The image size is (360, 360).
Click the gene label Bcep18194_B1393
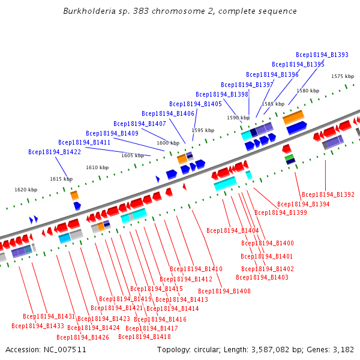pyautogui.click(x=322, y=55)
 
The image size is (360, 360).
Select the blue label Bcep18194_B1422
pyautogui.click(x=55, y=152)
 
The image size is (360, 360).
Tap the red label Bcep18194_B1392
pyautogui.click(x=328, y=195)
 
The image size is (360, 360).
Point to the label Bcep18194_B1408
pyautogui.click(x=224, y=291)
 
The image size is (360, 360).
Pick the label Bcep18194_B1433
pyautogui.click(x=38, y=326)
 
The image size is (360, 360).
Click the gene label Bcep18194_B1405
pyautogui.click(x=196, y=104)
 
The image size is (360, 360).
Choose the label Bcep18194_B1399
pyautogui.click(x=281, y=212)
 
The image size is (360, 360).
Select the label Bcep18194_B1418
pyautogui.click(x=145, y=337)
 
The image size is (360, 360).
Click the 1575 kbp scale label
pyautogui.click(x=343, y=76)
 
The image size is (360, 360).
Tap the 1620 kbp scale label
pyautogui.click(x=26, y=190)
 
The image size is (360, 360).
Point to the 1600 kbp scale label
pyautogui.click(x=168, y=143)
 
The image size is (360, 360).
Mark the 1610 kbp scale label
pyautogui.click(x=97, y=168)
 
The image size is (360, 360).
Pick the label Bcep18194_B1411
pyautogui.click(x=84, y=143)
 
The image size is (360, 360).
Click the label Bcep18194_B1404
pyautogui.click(x=233, y=230)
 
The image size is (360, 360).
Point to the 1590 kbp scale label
pyautogui.click(x=238, y=118)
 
